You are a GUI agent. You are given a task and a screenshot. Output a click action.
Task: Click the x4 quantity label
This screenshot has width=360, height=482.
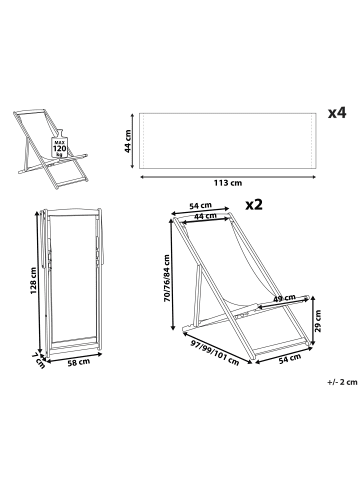point(337,113)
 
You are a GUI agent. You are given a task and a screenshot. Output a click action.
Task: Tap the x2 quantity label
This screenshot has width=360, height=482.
point(254,204)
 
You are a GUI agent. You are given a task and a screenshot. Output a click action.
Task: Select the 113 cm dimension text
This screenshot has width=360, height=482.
point(228,183)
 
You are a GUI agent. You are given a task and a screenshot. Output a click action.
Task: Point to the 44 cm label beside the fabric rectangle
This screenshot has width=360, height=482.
point(128,141)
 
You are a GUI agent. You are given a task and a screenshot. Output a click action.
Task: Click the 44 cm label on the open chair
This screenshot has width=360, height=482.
point(205,216)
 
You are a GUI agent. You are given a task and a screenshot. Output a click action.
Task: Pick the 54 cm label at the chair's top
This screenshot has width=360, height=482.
point(200,206)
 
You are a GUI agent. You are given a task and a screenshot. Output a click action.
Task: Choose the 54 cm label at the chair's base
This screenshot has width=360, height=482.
point(290,358)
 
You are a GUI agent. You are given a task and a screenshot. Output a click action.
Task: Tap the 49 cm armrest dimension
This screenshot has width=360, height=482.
point(284,298)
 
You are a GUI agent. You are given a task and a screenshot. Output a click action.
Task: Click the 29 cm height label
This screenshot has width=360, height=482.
point(318,321)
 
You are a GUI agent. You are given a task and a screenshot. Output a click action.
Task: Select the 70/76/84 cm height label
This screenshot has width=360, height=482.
point(167,278)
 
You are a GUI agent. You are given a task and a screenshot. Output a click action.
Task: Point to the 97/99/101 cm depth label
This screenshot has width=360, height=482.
point(215,353)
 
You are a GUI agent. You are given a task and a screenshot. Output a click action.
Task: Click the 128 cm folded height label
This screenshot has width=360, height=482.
point(33,280)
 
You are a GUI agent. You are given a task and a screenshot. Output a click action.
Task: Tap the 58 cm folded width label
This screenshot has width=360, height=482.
point(79,362)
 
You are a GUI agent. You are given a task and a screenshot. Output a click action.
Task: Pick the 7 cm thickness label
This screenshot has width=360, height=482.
point(39,361)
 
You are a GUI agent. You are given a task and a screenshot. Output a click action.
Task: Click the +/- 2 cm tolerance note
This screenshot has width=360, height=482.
point(342,382)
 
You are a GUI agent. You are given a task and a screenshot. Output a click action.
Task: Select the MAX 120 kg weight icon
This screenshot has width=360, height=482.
point(60,144)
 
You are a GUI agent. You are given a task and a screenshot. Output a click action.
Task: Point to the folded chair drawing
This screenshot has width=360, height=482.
point(72,283)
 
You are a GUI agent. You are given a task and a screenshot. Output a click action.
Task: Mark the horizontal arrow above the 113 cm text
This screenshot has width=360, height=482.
point(228,177)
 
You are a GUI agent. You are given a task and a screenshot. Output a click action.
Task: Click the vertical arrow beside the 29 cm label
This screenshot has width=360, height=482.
point(312,321)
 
